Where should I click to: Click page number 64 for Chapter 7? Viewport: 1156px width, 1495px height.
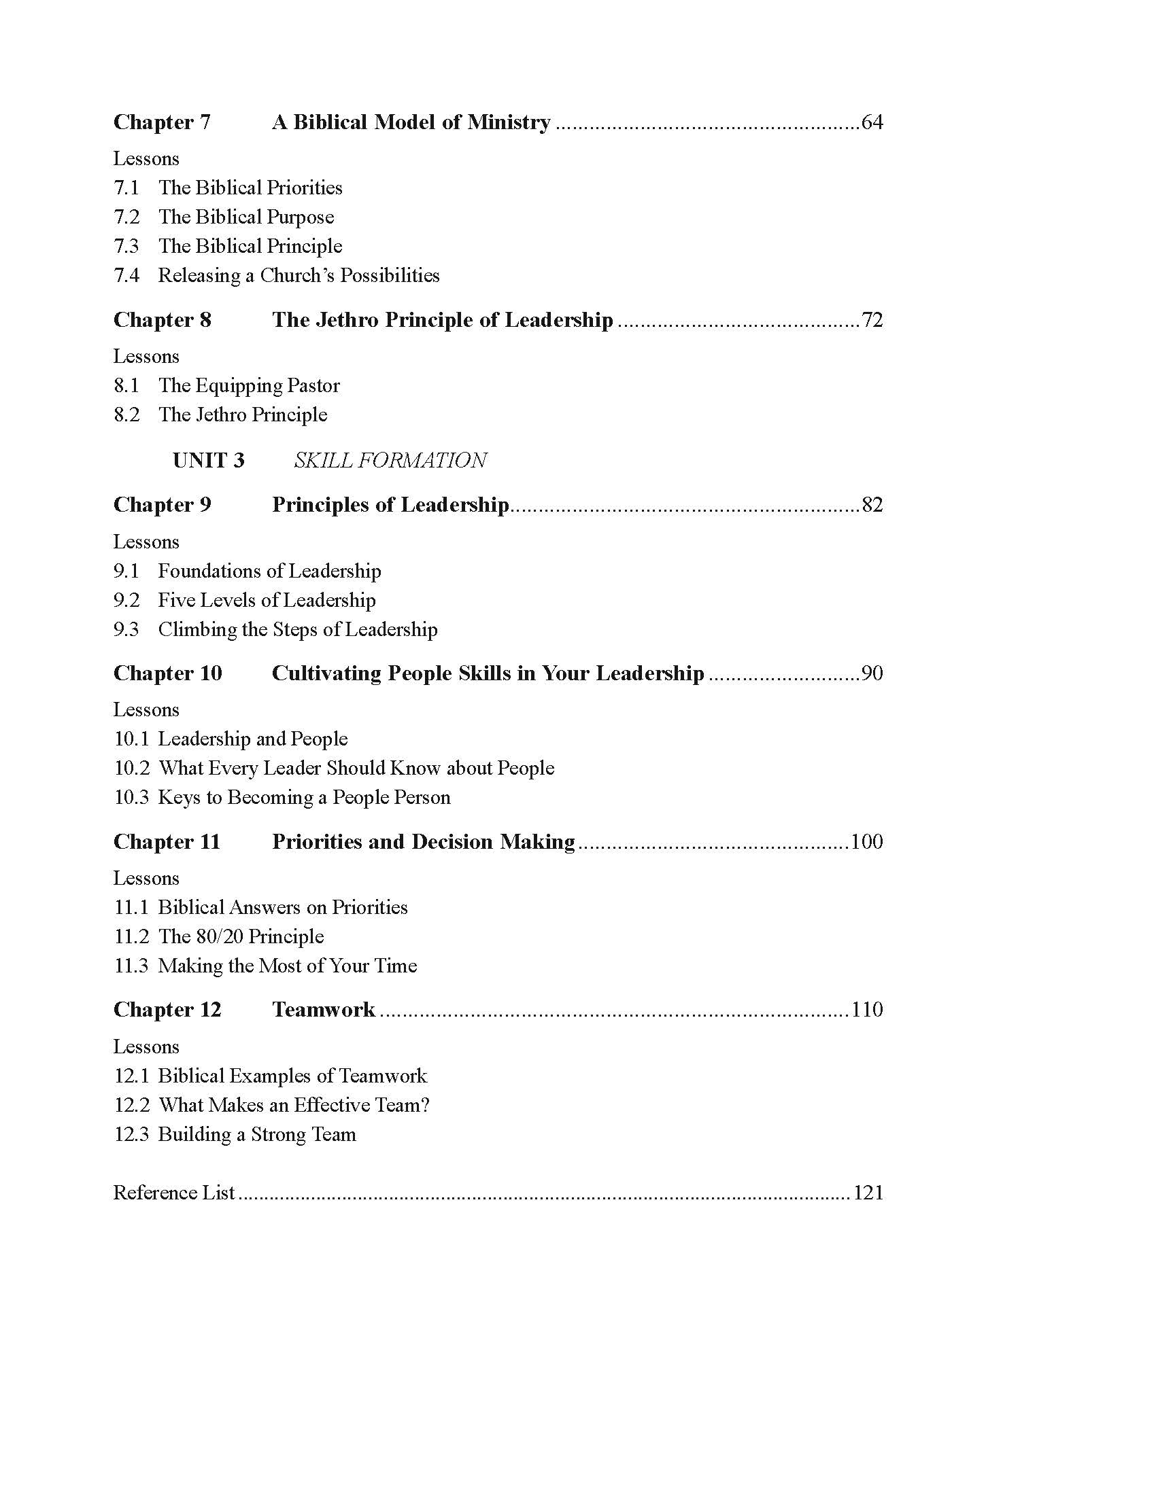872,122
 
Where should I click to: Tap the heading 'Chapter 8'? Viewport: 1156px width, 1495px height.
163,320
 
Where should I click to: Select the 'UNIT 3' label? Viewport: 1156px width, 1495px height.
208,460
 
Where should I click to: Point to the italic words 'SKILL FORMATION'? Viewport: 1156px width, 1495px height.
390,460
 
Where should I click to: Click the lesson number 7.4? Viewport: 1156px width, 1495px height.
126,275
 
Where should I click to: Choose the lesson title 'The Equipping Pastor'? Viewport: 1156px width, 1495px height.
250,385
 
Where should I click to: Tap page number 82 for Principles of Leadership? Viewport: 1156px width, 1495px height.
872,504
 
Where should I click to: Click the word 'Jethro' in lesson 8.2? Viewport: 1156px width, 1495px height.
222,415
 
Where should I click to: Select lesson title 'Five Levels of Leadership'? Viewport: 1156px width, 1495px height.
267,600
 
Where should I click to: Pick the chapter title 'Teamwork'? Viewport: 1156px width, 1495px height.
323,1010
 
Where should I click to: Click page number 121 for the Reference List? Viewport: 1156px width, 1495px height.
868,1193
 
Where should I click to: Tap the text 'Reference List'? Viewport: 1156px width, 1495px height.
174,1193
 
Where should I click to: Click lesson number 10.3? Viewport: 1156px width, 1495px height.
131,798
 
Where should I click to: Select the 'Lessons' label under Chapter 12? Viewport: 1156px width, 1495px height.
146,1046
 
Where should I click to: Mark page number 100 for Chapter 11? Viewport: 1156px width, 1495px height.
866,841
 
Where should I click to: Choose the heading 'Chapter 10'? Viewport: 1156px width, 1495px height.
168,673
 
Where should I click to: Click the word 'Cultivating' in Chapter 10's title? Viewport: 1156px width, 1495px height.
326,673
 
